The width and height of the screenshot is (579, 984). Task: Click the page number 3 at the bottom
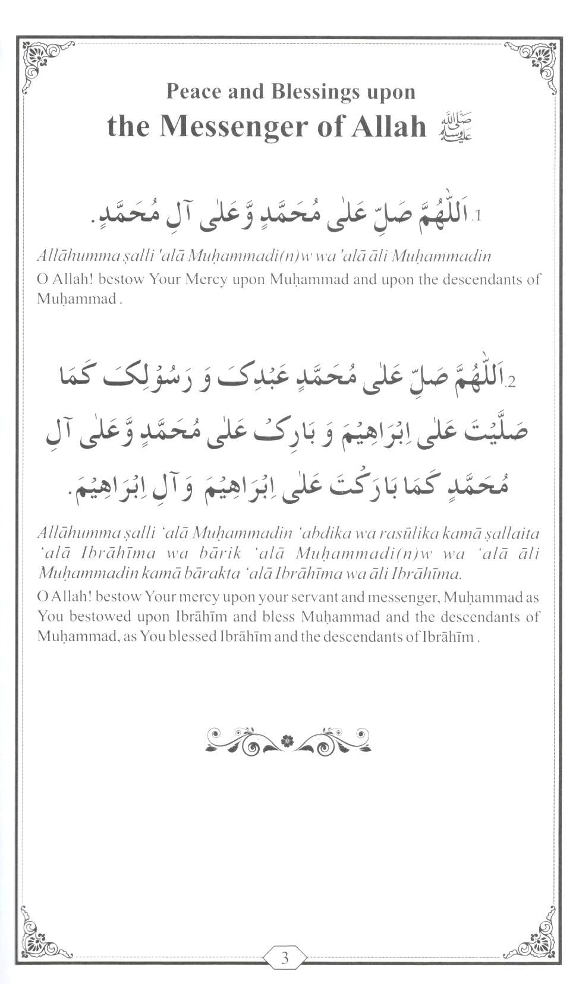pos(285,957)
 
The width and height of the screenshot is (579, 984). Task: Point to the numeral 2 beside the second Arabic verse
pos(511,380)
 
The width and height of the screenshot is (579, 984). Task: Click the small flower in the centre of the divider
pos(288,740)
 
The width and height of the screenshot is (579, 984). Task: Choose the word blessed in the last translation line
pos(192,637)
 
